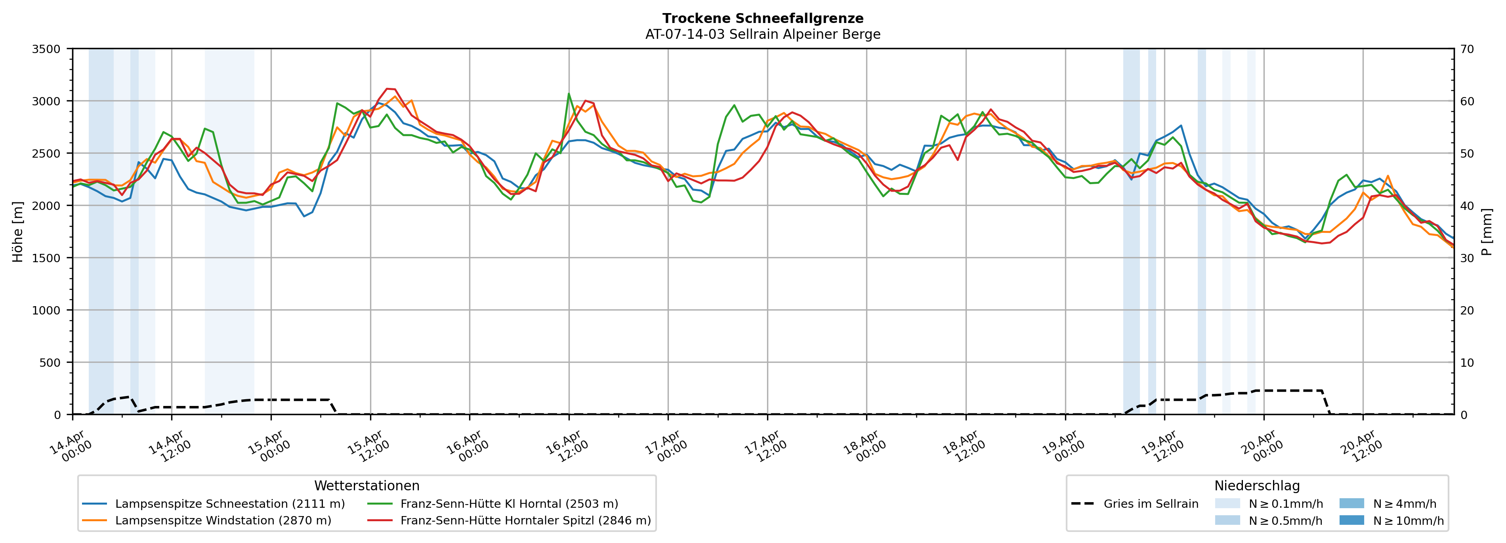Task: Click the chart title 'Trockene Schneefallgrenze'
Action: [x=762, y=19]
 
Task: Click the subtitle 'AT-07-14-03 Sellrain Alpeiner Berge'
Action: [x=762, y=34]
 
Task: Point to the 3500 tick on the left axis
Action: [x=46, y=49]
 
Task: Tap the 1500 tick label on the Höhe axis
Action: [x=46, y=258]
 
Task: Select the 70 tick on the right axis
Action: [x=1467, y=49]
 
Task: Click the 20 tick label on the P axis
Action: [x=1467, y=311]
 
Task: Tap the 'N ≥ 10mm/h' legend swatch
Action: [x=1351, y=520]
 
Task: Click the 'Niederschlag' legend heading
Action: [x=1257, y=486]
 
